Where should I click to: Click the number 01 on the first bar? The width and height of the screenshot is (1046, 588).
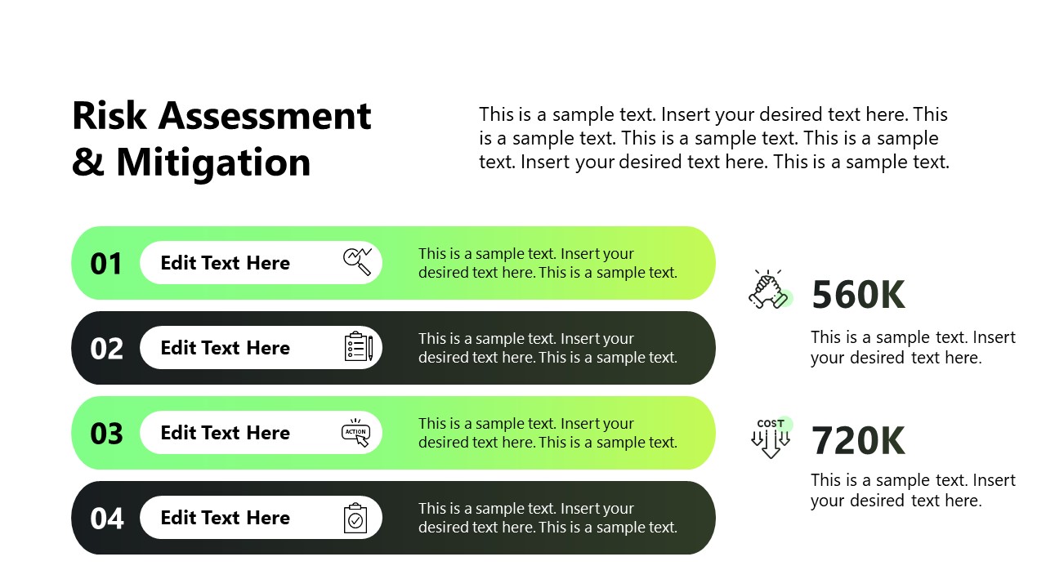(x=106, y=264)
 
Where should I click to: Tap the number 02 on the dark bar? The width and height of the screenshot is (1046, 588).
(x=106, y=349)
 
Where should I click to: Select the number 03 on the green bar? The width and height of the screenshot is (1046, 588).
(x=106, y=434)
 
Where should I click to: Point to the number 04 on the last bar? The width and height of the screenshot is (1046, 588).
(x=107, y=519)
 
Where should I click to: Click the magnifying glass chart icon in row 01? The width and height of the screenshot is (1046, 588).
(x=358, y=262)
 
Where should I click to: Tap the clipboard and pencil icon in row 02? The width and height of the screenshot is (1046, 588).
(x=359, y=347)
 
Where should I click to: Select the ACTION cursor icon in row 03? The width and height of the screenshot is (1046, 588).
(x=355, y=433)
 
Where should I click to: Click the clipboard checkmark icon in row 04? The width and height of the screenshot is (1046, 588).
(x=355, y=518)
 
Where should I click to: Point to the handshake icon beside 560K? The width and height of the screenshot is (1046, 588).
(x=771, y=289)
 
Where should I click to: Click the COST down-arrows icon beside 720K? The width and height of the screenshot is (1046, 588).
(x=771, y=438)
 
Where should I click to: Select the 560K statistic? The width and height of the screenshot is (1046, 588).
(x=858, y=295)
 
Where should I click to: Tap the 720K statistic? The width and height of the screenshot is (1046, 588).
(x=858, y=440)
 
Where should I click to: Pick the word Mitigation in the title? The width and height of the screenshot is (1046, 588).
(x=213, y=163)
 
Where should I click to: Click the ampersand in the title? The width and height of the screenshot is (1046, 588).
(x=88, y=162)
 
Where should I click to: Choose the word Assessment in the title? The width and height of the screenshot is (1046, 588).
(x=265, y=116)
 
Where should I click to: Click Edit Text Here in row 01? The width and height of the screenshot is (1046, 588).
(x=225, y=263)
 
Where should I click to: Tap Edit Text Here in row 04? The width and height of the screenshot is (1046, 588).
(x=225, y=518)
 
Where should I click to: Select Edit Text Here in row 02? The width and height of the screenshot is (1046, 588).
(x=225, y=348)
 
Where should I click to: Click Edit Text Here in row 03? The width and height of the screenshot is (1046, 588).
(x=225, y=433)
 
